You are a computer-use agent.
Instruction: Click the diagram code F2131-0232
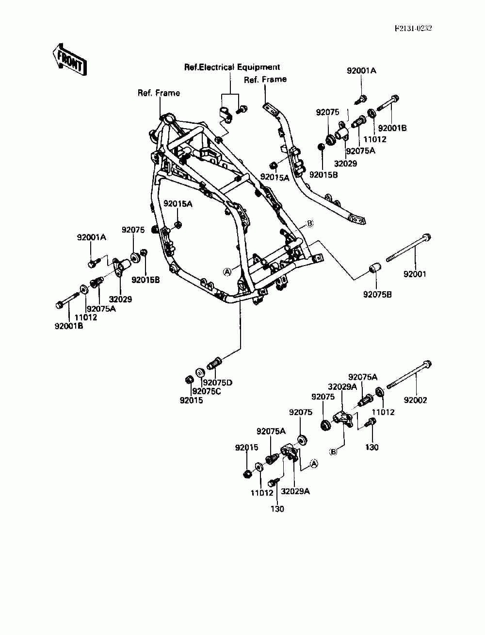coord(413,28)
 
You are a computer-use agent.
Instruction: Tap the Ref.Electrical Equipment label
coord(232,67)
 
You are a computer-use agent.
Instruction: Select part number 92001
coord(415,274)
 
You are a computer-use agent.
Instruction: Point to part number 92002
coord(415,400)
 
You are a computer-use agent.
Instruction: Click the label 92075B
coord(377,295)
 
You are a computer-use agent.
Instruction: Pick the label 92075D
coord(217,383)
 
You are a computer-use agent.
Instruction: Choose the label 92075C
coord(207,391)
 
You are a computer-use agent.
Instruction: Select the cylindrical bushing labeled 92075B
coord(375,267)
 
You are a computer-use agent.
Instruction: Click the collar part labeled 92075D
coord(214,363)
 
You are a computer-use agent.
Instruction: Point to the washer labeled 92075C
coord(200,373)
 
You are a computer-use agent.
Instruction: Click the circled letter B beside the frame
coord(309,223)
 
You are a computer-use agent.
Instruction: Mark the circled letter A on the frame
coord(227,272)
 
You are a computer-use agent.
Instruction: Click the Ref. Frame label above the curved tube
coord(265,80)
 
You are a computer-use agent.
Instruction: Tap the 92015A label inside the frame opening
coord(178,204)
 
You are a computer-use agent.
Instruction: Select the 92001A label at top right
coord(362,70)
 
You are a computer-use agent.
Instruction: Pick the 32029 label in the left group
coord(121,299)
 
